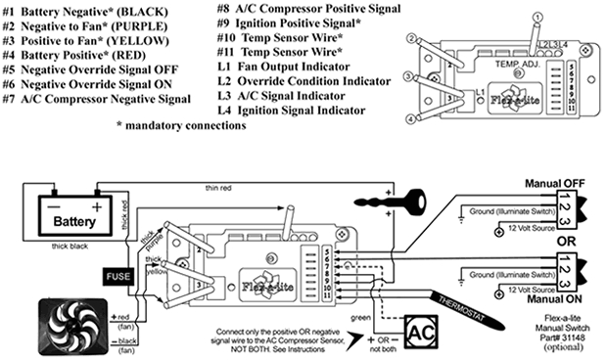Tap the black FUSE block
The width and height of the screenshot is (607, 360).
(x=113, y=277)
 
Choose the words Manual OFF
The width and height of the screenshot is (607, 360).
(x=556, y=183)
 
